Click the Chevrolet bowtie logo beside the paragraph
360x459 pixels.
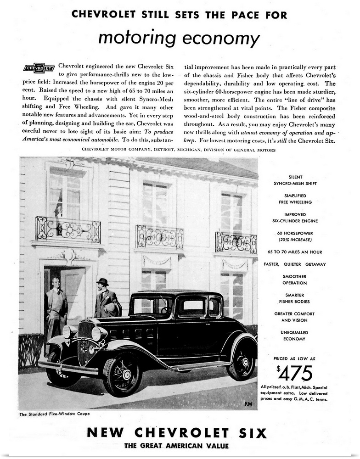pos(39,68)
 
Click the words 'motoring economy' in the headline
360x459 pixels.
pos(179,38)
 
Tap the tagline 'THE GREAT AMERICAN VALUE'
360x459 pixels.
pos(177,446)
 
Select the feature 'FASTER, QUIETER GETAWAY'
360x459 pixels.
pos(294,264)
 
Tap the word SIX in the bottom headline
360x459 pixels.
pos(253,432)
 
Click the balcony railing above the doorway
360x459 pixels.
pos(68,229)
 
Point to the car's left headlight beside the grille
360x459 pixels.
pos(96,334)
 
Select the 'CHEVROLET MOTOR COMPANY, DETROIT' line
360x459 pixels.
pos(179,150)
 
